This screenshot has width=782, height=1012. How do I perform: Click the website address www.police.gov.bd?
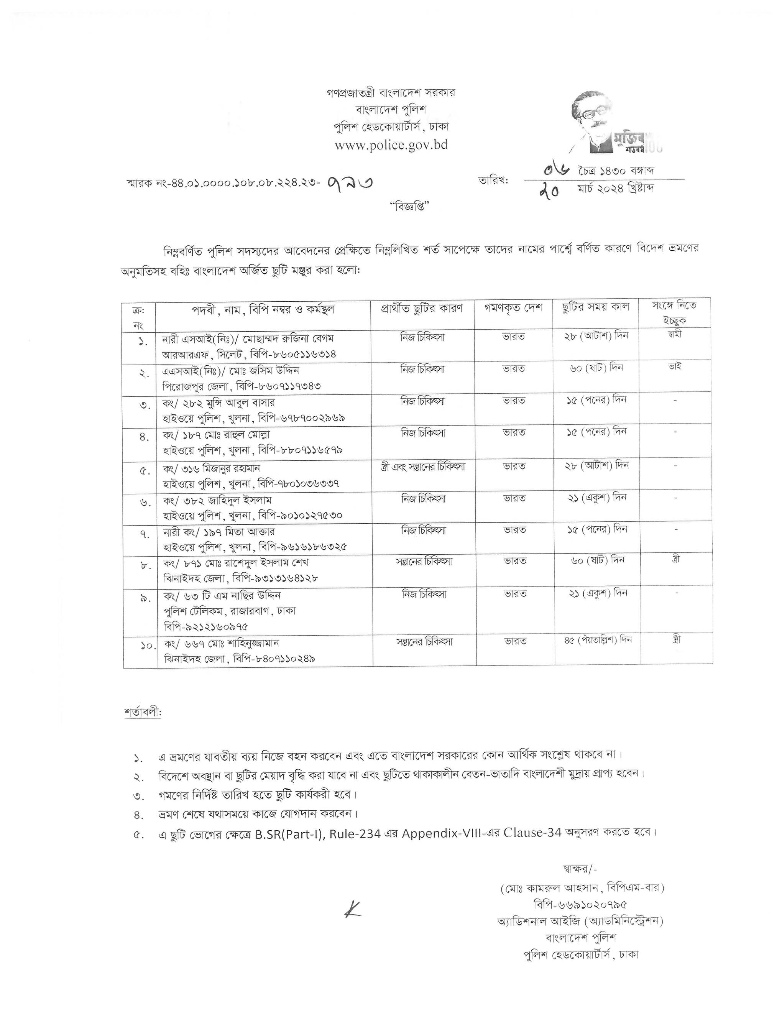[x=391, y=145]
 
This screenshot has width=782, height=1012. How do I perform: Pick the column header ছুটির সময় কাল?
[x=595, y=307]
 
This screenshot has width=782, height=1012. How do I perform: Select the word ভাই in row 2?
[x=675, y=366]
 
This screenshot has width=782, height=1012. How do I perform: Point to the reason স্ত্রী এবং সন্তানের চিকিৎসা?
[x=422, y=467]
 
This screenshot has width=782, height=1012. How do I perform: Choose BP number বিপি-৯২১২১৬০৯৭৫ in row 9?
[x=206, y=626]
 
